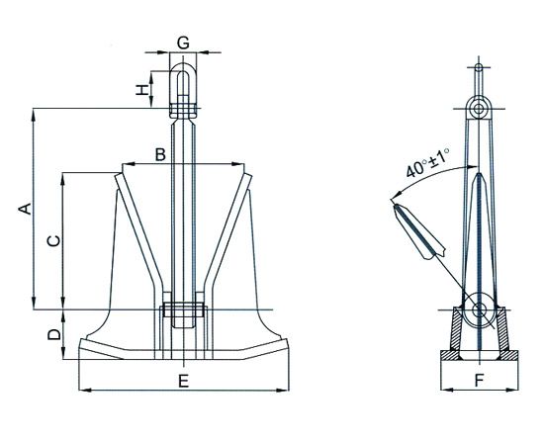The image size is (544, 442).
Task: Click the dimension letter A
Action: tap(27, 208)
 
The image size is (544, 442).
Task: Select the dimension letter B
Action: tap(159, 154)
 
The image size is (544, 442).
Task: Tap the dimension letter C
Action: tap(55, 240)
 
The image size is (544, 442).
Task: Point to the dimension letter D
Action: tap(55, 335)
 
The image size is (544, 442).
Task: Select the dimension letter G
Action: tap(183, 41)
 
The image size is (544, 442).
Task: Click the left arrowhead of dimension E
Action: tap(81, 391)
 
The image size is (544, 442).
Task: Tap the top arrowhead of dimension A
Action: tap(37, 111)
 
